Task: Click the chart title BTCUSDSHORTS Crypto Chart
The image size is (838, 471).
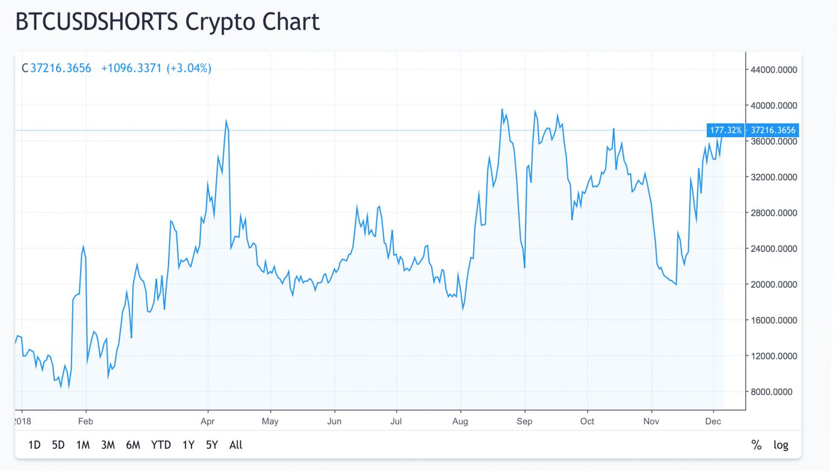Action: (x=167, y=22)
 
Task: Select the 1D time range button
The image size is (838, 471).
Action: (x=34, y=445)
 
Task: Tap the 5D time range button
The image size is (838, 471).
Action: (x=58, y=445)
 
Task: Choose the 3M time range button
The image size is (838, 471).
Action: (x=108, y=445)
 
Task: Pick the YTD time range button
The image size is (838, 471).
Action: (x=161, y=445)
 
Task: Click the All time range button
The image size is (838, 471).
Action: (x=236, y=445)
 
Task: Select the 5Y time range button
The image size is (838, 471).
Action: (x=211, y=445)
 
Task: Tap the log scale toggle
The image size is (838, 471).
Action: (x=781, y=445)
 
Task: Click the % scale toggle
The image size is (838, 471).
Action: (x=756, y=445)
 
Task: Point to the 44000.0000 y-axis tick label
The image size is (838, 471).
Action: (x=774, y=70)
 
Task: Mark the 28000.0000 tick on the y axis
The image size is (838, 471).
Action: (x=774, y=213)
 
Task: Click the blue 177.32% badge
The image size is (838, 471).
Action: (x=725, y=130)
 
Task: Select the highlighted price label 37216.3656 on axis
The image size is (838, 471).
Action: (x=774, y=130)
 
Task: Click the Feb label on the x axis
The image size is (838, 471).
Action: (x=86, y=421)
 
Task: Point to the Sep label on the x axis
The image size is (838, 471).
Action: (x=524, y=421)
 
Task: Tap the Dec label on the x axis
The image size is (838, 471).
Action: (x=713, y=421)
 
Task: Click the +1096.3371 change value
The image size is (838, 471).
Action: (x=131, y=68)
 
